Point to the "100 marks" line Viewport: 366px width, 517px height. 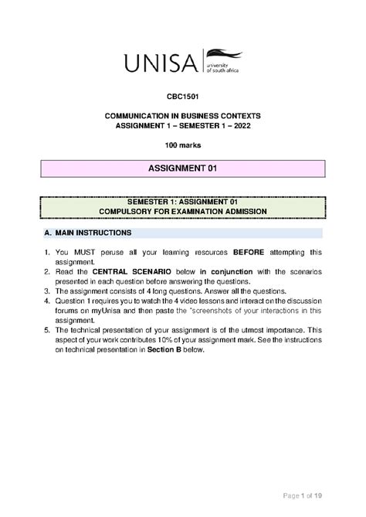(182, 146)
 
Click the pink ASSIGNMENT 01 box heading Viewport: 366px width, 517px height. (182, 169)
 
